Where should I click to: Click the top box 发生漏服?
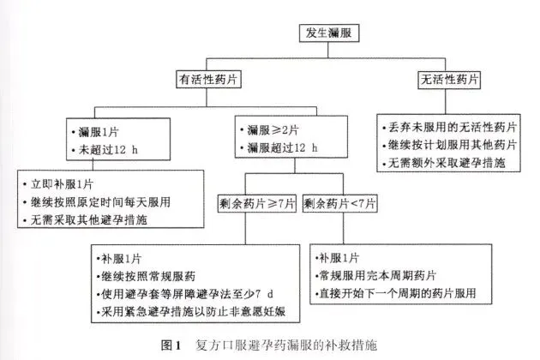328,33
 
